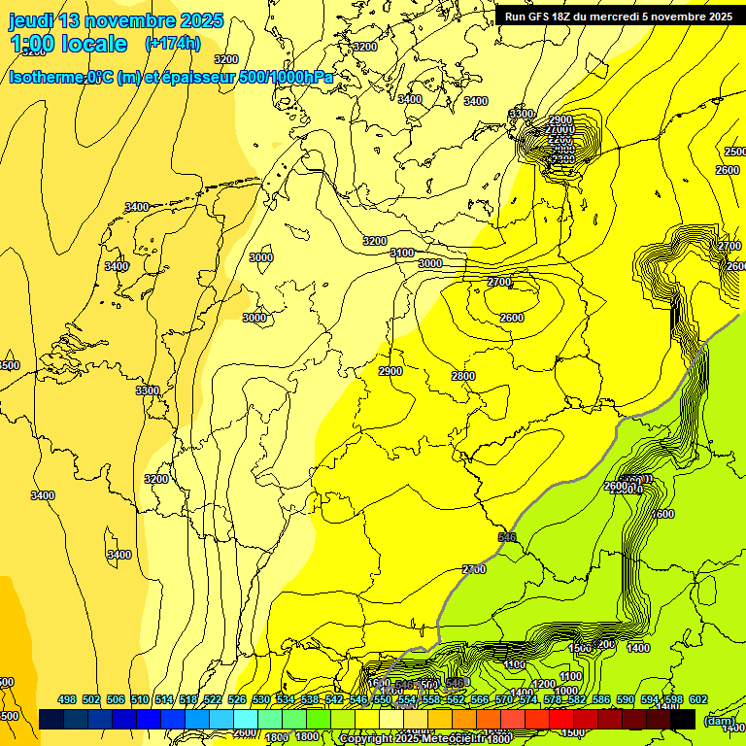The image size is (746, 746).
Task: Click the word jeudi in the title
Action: pyautogui.click(x=32, y=20)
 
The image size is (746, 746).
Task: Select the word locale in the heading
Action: pyautogui.click(x=93, y=44)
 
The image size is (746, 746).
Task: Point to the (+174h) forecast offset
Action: pyautogui.click(x=172, y=44)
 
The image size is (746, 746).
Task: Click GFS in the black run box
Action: pyautogui.click(x=543, y=17)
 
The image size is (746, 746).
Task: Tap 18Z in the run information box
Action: pyautogui.click(x=566, y=17)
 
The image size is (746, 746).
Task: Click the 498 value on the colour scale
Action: pyautogui.click(x=67, y=699)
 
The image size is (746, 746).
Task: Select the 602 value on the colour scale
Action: pyautogui.click(x=698, y=699)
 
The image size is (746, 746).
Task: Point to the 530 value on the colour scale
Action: pyautogui.click(x=261, y=699)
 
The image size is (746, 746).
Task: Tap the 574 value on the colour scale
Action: pyautogui.click(x=528, y=699)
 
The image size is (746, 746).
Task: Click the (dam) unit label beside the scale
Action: pyautogui.click(x=720, y=722)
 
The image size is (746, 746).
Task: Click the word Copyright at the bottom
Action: pyautogui.click(x=366, y=739)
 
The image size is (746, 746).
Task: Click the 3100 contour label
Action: pyautogui.click(x=401, y=253)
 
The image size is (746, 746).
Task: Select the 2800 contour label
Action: pyautogui.click(x=463, y=376)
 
